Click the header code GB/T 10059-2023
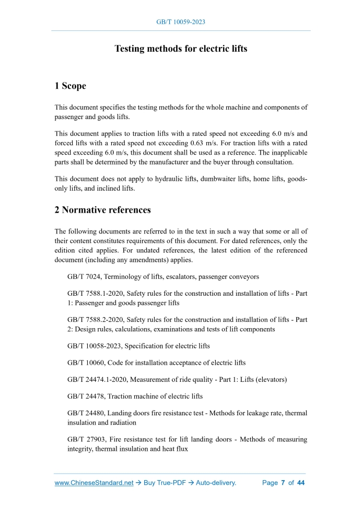pyautogui.click(x=181, y=22)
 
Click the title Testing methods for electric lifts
pyautogui.click(x=181, y=49)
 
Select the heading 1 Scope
pyautogui.click(x=71, y=86)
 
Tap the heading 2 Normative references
pyautogui.click(x=103, y=210)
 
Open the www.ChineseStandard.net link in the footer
pyautogui.click(x=94, y=483)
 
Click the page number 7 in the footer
pyautogui.click(x=283, y=483)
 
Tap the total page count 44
pyautogui.click(x=300, y=483)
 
